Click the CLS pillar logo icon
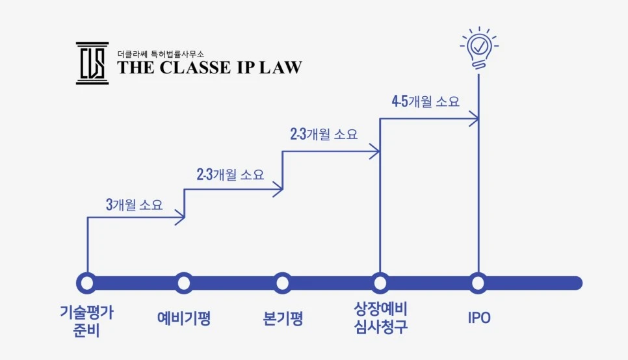(x=92, y=63)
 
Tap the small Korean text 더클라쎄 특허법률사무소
(x=165, y=52)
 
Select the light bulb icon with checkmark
(x=479, y=47)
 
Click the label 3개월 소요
(x=134, y=205)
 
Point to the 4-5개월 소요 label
(x=425, y=101)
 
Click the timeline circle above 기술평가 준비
(x=86, y=283)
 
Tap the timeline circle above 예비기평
(x=184, y=283)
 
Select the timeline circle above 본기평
(x=282, y=283)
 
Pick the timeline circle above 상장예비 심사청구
(x=380, y=283)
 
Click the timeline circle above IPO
(x=478, y=283)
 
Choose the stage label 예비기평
(x=184, y=318)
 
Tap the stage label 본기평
(x=283, y=318)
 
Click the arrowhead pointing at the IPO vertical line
(x=475, y=118)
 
